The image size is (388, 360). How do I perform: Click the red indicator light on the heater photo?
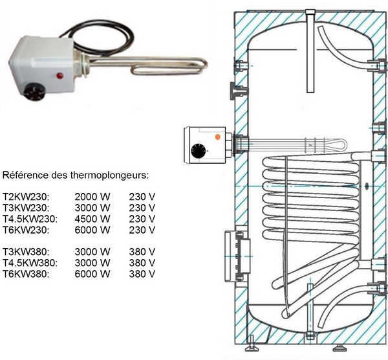60,76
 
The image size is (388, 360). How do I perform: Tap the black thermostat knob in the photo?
36,91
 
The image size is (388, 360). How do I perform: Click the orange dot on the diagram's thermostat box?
217,137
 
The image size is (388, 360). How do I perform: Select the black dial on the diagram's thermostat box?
199,151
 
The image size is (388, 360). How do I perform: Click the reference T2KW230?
27,197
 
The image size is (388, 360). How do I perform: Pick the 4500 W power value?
92,219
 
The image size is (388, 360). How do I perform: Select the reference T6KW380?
27,274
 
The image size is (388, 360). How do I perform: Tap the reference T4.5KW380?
30,263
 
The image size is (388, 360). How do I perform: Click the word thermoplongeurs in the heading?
110,175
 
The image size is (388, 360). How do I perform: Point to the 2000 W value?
92,197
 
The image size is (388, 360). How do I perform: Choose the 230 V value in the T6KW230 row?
142,230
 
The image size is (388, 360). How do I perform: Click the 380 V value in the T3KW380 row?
142,252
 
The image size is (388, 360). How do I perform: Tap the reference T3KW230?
27,208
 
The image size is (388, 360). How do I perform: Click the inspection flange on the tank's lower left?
237,256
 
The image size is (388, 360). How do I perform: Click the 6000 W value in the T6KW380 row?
92,274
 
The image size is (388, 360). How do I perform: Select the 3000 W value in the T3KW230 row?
92,208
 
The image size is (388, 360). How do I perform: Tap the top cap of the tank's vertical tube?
310,12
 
